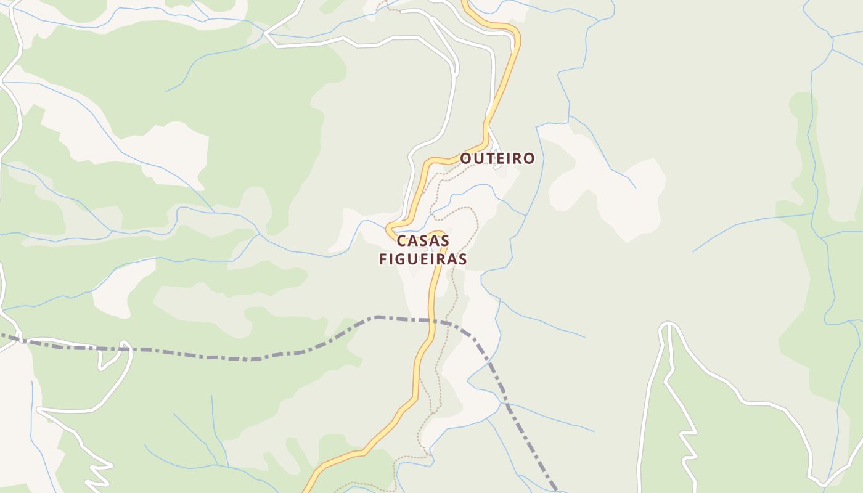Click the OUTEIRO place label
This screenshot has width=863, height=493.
tap(497, 158)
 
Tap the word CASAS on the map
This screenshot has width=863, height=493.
tap(423, 240)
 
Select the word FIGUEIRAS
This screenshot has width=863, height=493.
tap(423, 259)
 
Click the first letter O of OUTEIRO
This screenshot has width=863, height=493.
tap(466, 158)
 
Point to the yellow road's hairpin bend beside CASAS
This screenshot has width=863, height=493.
tap(390, 229)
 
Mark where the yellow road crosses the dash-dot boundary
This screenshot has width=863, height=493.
tap(433, 320)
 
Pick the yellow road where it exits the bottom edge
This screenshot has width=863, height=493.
tap(306, 490)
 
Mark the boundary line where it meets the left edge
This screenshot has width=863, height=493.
tap(2, 336)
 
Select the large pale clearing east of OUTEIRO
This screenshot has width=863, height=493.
tap(610, 185)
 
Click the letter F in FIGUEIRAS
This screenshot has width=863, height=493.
tap(383, 259)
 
